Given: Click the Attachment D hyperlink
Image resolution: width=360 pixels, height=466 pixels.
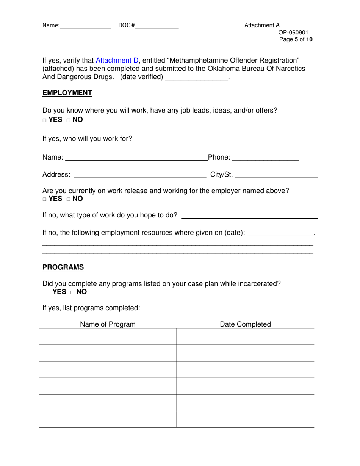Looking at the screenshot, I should pyautogui.click(x=117, y=61).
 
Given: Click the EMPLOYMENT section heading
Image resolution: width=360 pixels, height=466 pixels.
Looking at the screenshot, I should pyautogui.click(x=67, y=93).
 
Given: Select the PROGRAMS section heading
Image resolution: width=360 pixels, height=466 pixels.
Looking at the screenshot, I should pyautogui.click(x=63, y=267).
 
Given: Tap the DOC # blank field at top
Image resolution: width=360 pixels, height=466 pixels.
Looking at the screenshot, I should pyautogui.click(x=157, y=26).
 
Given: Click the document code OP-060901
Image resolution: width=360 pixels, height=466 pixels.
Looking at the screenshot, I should pyautogui.click(x=293, y=33).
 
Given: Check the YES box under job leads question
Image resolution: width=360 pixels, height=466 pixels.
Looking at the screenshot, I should pyautogui.click(x=44, y=120).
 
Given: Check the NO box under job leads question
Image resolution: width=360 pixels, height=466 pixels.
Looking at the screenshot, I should pyautogui.click(x=69, y=120).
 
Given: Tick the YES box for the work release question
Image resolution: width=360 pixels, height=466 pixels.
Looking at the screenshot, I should pyautogui.click(x=44, y=199).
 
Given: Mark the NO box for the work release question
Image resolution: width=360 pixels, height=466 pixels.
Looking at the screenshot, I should pyautogui.click(x=69, y=199).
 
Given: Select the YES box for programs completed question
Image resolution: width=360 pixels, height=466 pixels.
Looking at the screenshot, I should pyautogui.click(x=49, y=292).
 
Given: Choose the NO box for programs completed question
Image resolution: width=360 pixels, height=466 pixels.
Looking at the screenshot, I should pyautogui.click(x=73, y=292).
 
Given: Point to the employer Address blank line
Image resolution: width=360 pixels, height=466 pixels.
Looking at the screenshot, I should pyautogui.click(x=140, y=175).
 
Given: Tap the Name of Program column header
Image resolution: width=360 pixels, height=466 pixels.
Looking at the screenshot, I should pyautogui.click(x=108, y=324).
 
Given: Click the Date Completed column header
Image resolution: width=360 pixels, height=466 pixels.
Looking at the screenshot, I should pyautogui.click(x=245, y=324).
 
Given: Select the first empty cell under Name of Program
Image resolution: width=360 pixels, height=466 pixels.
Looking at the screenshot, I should pyautogui.click(x=108, y=337).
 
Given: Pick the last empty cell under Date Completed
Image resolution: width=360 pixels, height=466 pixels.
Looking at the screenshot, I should pyautogui.click(x=245, y=419).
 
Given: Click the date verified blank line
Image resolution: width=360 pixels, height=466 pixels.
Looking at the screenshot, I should pyautogui.click(x=197, y=78).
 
